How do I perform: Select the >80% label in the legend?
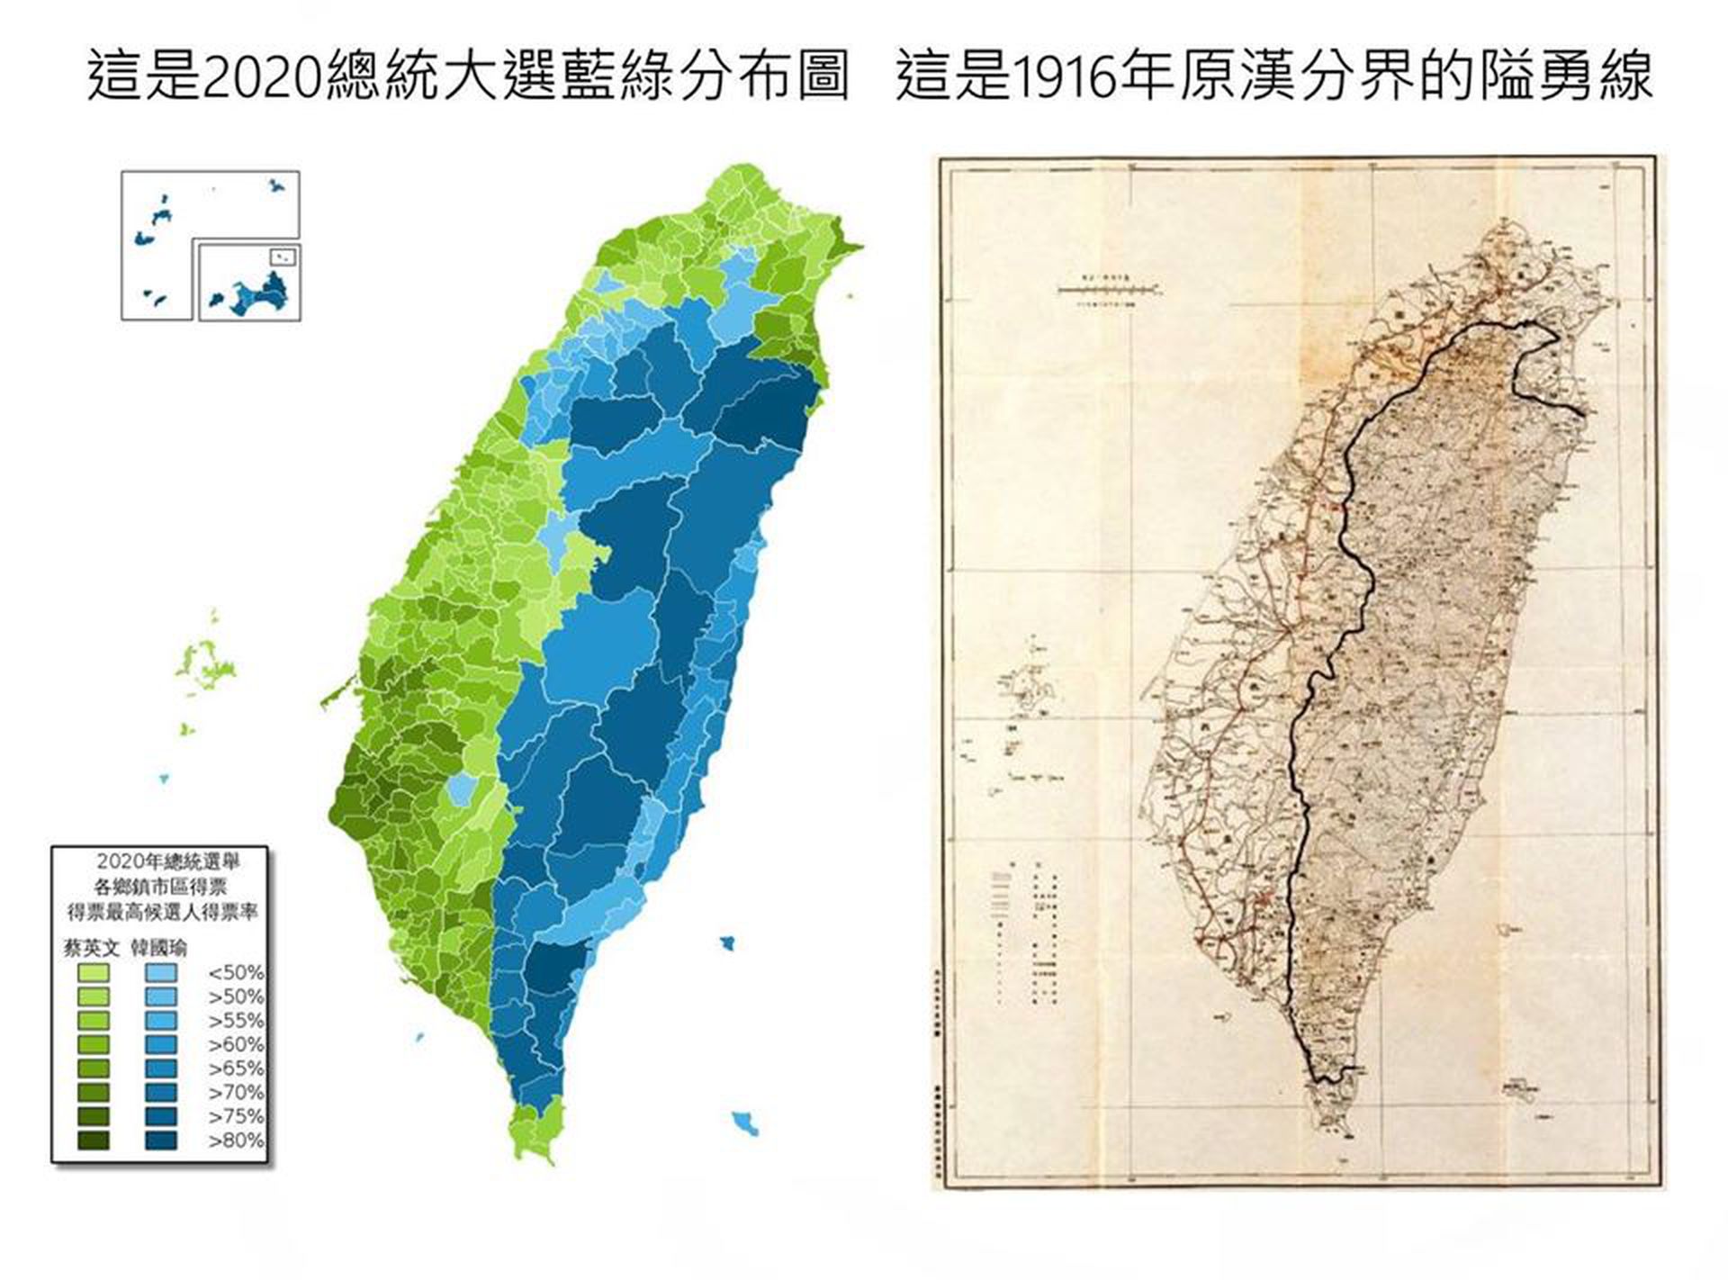[x=236, y=1140]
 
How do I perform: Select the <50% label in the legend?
[x=236, y=973]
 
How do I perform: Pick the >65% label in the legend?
[x=236, y=1068]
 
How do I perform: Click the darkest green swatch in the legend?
[x=94, y=1140]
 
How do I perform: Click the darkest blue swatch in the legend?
[x=160, y=1140]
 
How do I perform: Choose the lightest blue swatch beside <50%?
[x=160, y=973]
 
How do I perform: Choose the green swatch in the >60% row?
[x=94, y=1045]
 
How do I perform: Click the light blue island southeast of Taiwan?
[x=745, y=1122]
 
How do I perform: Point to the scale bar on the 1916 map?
[x=1108, y=290]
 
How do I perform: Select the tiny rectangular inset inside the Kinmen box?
[x=283, y=257]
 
